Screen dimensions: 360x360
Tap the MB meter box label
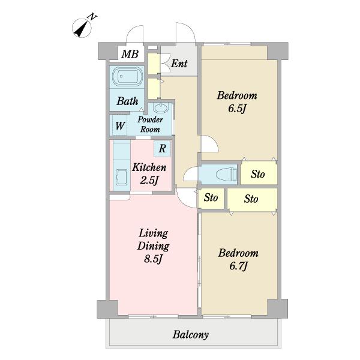(130, 54)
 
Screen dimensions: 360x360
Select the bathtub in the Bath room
(127, 77)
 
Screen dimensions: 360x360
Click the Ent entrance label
(179, 64)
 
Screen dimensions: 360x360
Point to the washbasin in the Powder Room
(161, 108)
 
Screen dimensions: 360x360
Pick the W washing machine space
(120, 126)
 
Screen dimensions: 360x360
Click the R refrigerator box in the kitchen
(163, 149)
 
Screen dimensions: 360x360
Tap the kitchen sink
(121, 177)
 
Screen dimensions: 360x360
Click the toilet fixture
(227, 174)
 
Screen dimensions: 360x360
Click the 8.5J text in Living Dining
(154, 259)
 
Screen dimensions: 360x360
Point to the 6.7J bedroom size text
(239, 266)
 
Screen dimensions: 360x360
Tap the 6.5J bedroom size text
(237, 109)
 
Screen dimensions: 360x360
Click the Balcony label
(191, 335)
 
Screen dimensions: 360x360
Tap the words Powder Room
(151, 124)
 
